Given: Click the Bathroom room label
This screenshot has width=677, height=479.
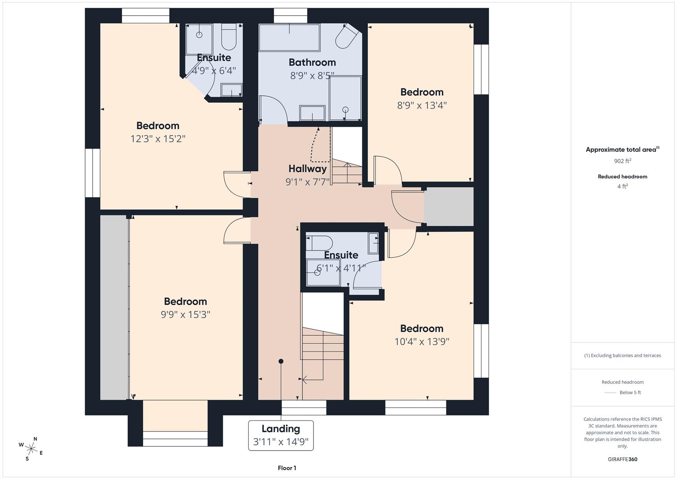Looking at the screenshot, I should click(x=312, y=63).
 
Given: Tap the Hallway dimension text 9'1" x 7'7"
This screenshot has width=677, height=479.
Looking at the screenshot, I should click(x=307, y=182).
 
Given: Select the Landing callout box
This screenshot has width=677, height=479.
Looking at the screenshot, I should click(x=281, y=435).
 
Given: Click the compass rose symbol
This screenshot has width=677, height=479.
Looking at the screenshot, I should click(x=31, y=449).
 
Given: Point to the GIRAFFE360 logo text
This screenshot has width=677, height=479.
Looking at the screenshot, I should click(x=622, y=459).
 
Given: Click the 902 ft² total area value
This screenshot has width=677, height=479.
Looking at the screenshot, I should click(x=622, y=161).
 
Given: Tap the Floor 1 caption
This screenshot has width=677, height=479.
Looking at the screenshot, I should click(x=287, y=468).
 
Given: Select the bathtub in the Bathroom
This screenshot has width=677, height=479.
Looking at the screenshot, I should click(x=289, y=38).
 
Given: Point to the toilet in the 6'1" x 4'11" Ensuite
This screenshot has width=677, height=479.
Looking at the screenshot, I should click(x=321, y=243).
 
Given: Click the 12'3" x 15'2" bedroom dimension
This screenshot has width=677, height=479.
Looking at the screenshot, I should click(x=158, y=139).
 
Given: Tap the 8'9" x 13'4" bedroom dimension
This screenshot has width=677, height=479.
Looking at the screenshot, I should click(x=422, y=105).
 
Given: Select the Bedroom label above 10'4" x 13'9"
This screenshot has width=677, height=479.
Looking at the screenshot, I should click(x=422, y=329).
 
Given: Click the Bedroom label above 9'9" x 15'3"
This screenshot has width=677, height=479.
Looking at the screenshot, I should click(x=185, y=302).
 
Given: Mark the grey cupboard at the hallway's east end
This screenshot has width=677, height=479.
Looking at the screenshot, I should click(x=448, y=207).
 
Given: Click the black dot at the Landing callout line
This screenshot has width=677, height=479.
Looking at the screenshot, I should click(x=281, y=361).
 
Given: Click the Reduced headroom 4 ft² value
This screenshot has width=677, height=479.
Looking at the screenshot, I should click(x=622, y=186).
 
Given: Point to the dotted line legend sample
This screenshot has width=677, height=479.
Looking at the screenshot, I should click(x=610, y=393).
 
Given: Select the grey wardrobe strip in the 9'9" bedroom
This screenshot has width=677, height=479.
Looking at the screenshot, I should click(x=114, y=307).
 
